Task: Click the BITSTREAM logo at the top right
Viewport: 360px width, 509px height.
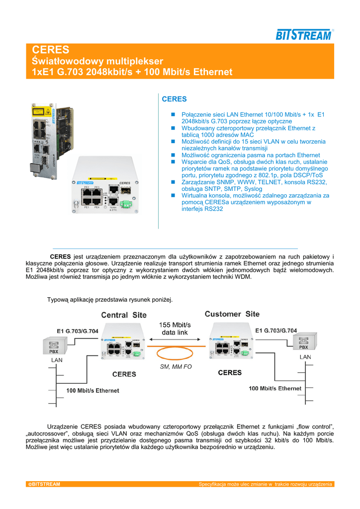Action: point(304,34)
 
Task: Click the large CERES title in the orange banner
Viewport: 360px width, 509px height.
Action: point(51,50)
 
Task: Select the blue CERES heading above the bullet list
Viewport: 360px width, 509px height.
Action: point(174,99)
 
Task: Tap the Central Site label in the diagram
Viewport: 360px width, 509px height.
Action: point(124,315)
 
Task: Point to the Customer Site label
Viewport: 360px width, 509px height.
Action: point(232,314)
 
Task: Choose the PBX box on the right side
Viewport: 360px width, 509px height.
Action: point(303,342)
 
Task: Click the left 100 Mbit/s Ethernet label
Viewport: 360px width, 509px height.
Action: point(92,391)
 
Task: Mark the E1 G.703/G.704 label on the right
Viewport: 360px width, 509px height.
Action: point(276,331)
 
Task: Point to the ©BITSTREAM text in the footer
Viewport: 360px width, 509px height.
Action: point(44,484)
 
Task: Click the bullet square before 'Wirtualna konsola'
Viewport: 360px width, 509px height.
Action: point(173,196)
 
